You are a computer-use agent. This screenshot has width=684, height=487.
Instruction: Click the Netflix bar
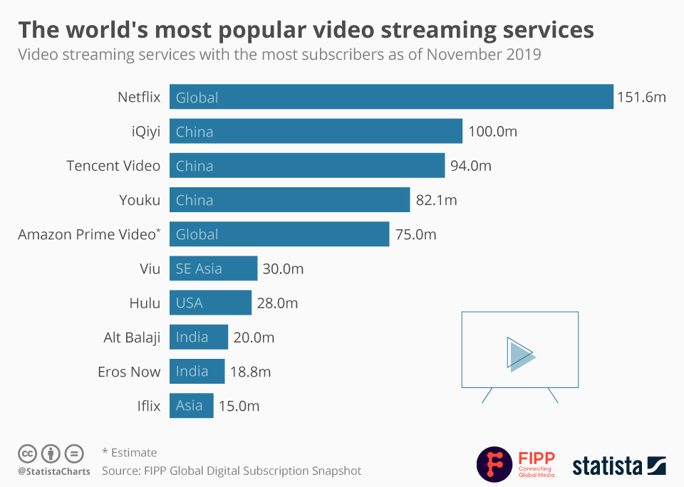click(x=391, y=97)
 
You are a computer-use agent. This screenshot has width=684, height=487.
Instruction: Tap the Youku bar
click(x=289, y=200)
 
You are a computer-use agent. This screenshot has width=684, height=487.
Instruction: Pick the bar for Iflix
click(x=191, y=406)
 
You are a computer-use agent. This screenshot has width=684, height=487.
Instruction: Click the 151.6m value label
click(x=641, y=98)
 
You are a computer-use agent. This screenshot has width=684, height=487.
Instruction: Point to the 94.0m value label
click(x=471, y=166)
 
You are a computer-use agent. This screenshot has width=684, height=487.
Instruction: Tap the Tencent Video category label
click(x=113, y=166)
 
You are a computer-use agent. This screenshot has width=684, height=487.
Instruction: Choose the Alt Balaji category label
click(x=132, y=337)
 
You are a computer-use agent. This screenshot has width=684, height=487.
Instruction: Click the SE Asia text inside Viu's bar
click(x=199, y=268)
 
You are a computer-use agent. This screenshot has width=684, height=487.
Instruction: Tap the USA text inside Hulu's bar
click(x=190, y=303)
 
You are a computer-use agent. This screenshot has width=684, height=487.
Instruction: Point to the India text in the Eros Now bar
click(x=192, y=371)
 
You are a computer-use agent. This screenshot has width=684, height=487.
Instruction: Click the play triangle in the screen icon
click(x=519, y=353)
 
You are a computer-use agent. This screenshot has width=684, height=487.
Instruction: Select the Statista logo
click(x=618, y=466)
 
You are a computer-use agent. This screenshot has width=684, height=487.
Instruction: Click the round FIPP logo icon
click(x=493, y=464)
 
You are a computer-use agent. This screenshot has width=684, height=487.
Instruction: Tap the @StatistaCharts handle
click(x=54, y=471)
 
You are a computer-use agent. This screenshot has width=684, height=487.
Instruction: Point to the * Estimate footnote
click(x=129, y=452)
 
